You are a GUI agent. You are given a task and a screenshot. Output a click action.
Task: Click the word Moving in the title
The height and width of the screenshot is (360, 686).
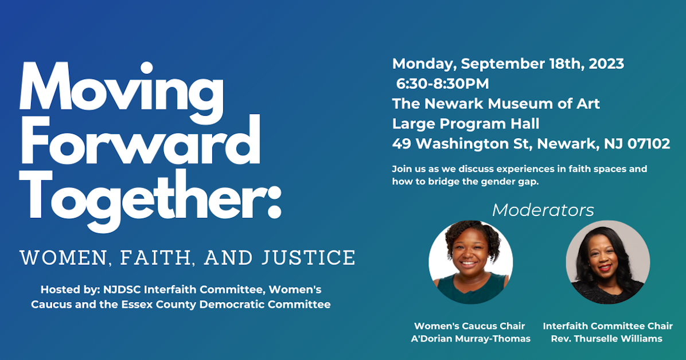pos(121,89)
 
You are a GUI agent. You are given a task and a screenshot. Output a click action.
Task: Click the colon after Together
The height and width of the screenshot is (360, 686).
pos(274,198)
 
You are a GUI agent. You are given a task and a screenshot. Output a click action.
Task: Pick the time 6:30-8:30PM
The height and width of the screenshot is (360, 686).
pos(442,84)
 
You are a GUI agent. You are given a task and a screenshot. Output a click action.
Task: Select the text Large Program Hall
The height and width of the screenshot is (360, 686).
pos(466,123)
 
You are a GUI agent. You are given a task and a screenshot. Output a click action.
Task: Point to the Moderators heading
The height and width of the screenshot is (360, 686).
pos(543,210)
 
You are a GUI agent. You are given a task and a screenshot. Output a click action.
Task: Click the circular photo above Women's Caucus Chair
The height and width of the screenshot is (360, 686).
pos(470,262)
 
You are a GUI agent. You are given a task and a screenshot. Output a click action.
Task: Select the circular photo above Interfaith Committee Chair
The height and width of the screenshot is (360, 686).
pos(607,262)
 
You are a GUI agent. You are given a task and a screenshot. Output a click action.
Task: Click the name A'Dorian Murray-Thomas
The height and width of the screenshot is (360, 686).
pos(470,339)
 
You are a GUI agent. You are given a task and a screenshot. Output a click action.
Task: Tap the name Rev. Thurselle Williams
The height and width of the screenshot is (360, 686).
pos(607,339)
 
